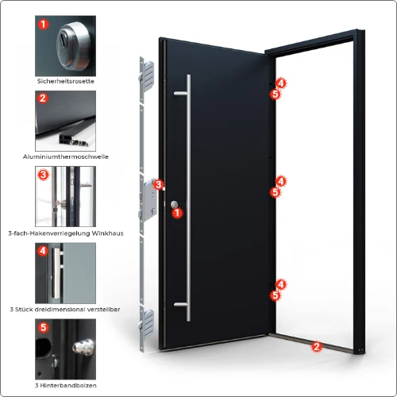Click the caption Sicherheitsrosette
[66, 81]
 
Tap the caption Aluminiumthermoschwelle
[66, 156]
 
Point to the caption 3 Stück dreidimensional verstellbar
[66, 308]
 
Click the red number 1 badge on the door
[178, 213]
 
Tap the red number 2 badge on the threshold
[316, 345]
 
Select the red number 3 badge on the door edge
[158, 185]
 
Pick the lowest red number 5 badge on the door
[275, 295]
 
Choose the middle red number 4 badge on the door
[280, 182]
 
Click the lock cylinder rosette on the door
[172, 205]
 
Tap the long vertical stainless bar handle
[189, 198]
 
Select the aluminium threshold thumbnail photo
[66, 120]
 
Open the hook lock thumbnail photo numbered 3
[66, 195]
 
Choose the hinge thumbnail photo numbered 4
[66, 272]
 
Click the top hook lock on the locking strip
[145, 73]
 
